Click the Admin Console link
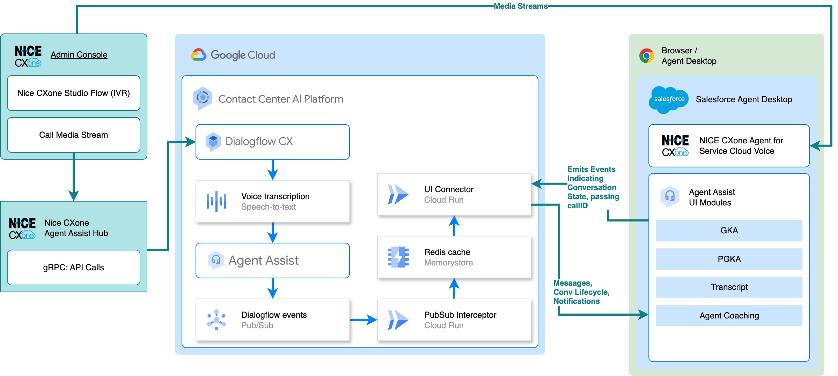[79, 55]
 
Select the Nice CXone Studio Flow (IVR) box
[73, 93]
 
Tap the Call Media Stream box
[73, 135]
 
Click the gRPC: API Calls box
[73, 268]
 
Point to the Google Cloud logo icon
[199, 55]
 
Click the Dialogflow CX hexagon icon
[213, 141]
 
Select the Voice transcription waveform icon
[216, 201]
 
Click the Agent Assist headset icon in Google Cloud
[216, 260]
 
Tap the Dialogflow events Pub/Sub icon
[216, 320]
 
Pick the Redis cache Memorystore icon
[398, 257]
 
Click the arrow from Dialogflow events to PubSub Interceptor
[363, 319]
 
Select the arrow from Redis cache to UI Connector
[454, 226]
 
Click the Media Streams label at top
[521, 6]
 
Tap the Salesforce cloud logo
[669, 99]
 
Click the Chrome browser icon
[646, 56]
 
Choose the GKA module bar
[729, 231]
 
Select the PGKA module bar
[729, 259]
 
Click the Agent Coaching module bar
[729, 316]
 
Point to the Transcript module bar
[729, 287]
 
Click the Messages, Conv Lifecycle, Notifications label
[581, 292]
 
